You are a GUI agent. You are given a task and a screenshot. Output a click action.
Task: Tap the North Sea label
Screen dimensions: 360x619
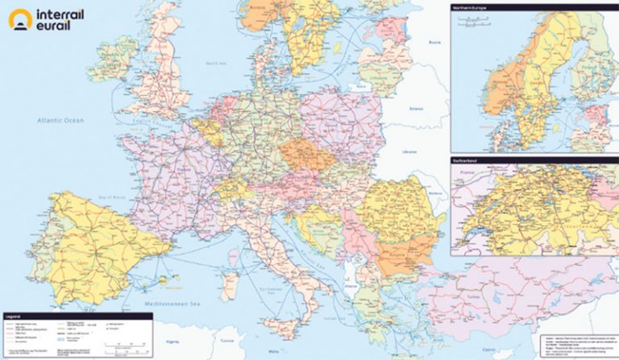coord(215,63)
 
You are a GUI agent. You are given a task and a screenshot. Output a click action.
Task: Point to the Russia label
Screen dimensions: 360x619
coord(435,39)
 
